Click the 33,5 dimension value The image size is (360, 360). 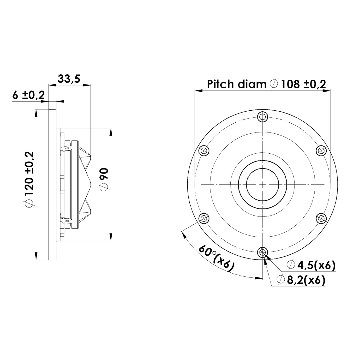click(69, 79)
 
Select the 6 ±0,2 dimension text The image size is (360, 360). click(28, 95)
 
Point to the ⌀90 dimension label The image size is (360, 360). click(104, 180)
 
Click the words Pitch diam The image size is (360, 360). click(237, 84)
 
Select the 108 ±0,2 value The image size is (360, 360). click(303, 84)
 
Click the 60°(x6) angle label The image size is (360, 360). click(217, 258)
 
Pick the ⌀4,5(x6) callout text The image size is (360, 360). click(311, 265)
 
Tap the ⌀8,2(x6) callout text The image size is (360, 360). click(301, 280)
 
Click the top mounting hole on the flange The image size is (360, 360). click(263, 116)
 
